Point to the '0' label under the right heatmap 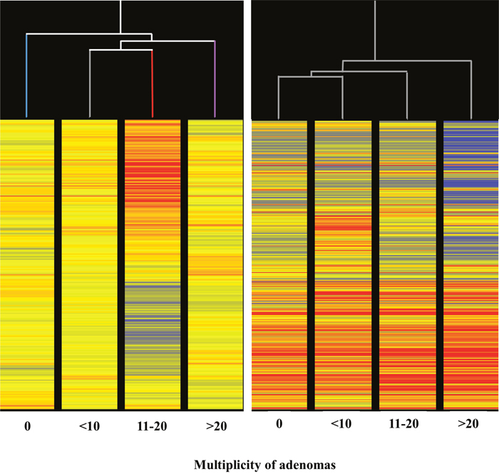(279, 423)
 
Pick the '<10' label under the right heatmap (343, 423)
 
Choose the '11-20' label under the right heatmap (406, 423)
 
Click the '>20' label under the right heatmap (470, 423)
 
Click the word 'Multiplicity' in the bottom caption (230, 465)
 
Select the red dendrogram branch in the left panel (152, 82)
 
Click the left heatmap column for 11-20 (152, 264)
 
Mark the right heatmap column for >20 (470, 264)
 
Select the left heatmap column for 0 (26, 264)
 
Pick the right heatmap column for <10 (343, 264)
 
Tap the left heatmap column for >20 (215, 264)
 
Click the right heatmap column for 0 (279, 264)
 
